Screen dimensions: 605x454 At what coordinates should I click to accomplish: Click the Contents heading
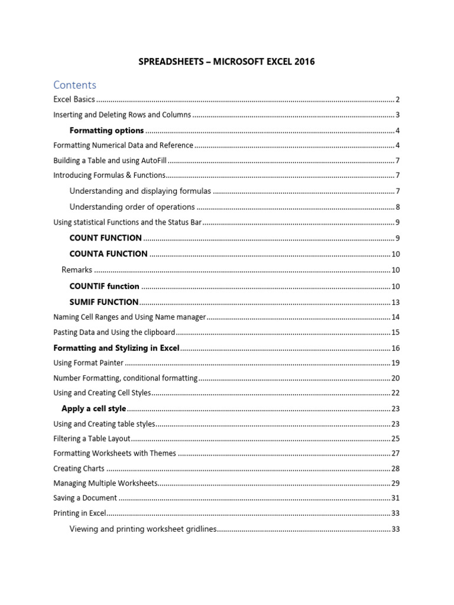click(74, 84)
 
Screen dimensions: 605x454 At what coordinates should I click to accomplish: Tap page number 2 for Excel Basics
click(398, 99)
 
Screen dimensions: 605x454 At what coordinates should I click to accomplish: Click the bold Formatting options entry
click(106, 131)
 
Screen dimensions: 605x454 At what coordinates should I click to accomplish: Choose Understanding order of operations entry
click(132, 207)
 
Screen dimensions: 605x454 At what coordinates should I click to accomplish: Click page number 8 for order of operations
click(398, 207)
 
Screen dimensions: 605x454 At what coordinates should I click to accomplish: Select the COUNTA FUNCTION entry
click(108, 253)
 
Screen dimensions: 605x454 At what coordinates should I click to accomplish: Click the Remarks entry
click(77, 270)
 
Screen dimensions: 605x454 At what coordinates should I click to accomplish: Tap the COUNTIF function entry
click(104, 287)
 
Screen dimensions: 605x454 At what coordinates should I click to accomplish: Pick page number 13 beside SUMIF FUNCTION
click(395, 302)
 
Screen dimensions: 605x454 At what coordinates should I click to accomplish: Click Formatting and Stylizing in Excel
click(116, 348)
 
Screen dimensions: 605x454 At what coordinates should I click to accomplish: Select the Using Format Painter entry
click(89, 363)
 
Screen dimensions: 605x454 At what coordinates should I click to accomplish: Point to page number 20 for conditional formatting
click(395, 378)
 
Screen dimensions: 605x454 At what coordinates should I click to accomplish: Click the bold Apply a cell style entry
click(93, 408)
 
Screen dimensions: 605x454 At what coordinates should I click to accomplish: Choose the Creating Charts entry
click(79, 469)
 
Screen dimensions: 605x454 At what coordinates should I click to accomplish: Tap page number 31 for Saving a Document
click(395, 498)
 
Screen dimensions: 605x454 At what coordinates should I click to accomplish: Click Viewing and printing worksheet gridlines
click(143, 529)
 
